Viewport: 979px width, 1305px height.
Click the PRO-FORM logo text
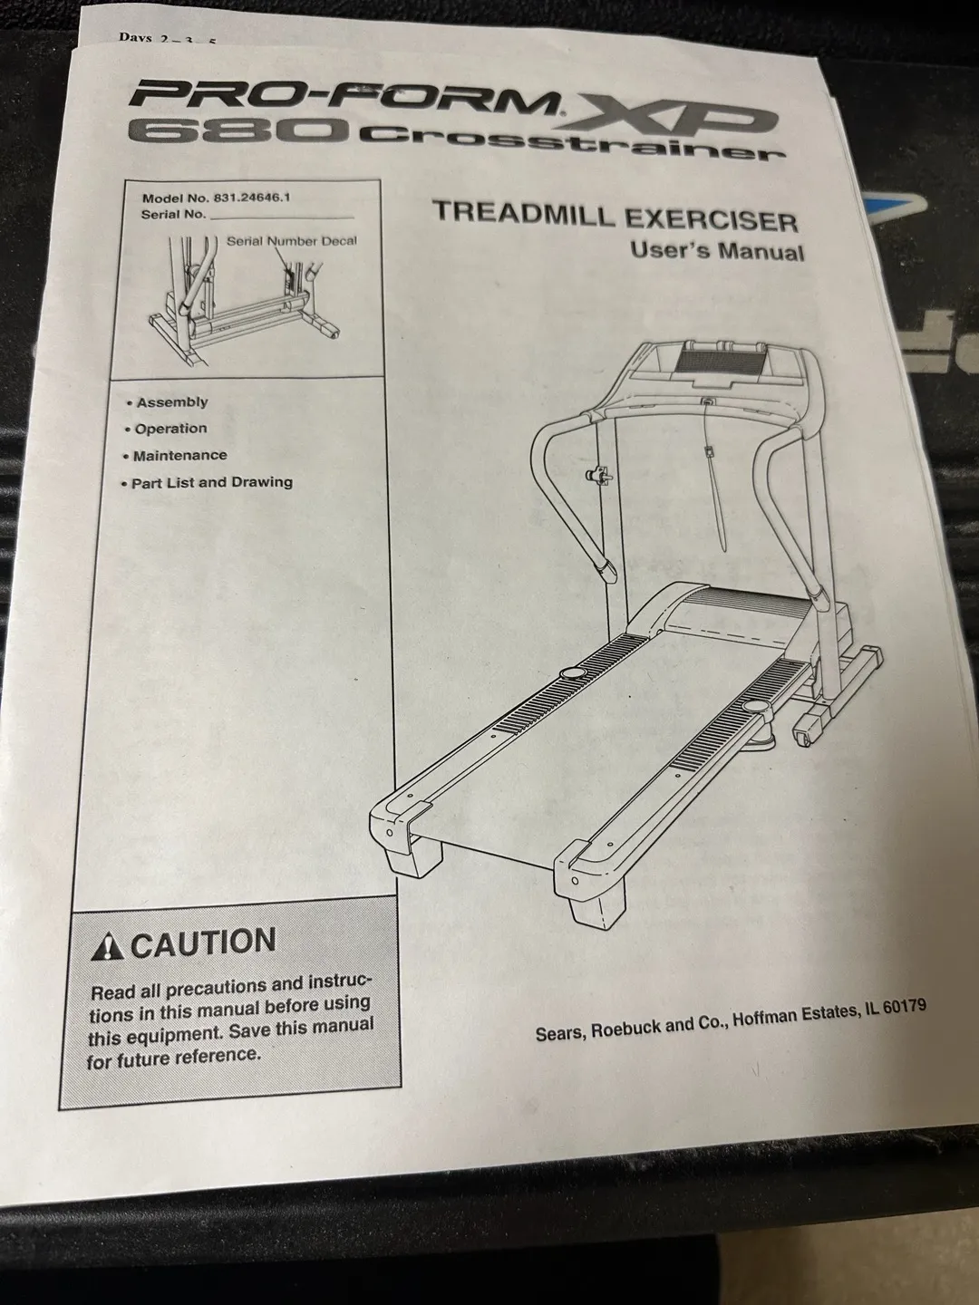point(344,97)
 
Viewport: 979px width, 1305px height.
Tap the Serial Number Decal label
point(292,241)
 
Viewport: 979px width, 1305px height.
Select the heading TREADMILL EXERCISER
point(616,217)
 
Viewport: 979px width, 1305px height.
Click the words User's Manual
point(717,251)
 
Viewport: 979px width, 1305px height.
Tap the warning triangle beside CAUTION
point(108,947)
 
